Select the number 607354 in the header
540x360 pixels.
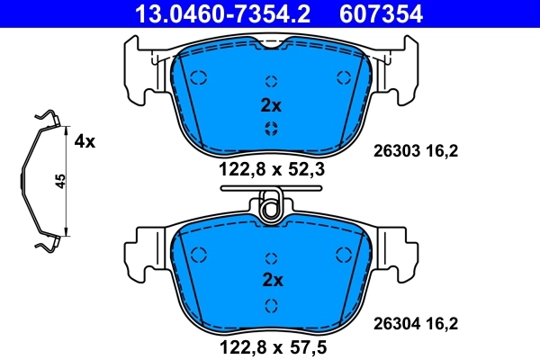pos(391,13)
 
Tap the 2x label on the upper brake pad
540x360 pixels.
pos(271,105)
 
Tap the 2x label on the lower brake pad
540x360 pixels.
pos(271,281)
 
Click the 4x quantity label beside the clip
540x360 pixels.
pos(85,141)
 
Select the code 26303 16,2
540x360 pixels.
pos(416,152)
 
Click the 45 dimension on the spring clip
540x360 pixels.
pos(60,181)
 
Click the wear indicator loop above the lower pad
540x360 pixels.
pos(269,209)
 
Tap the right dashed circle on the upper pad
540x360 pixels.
pos(341,77)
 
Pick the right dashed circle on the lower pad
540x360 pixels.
pos(341,255)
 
